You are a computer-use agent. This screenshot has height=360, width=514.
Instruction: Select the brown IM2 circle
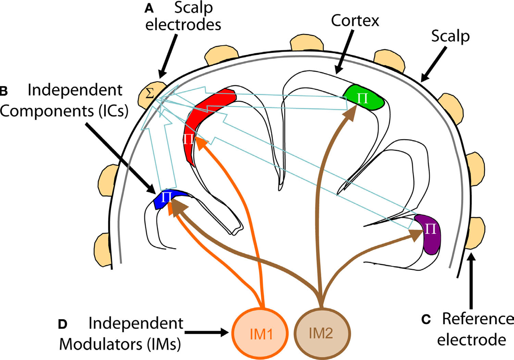(x=320, y=334)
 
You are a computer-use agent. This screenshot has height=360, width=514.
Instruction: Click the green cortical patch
(x=364, y=99)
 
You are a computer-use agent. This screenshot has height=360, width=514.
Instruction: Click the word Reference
(x=477, y=319)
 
